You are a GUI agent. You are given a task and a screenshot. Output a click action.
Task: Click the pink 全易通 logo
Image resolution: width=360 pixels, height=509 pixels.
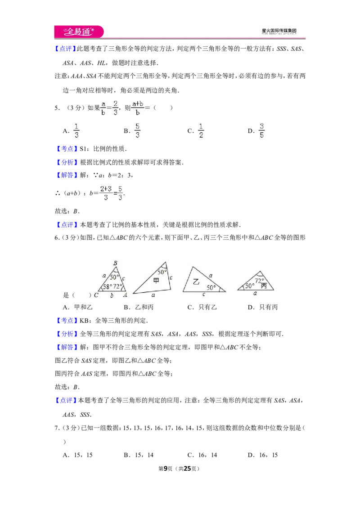coord(79,31)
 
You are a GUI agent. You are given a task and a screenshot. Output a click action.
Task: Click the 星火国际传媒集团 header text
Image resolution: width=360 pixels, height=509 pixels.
coord(279,31)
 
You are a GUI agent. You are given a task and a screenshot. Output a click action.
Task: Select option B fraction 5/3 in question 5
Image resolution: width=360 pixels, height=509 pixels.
coord(137,130)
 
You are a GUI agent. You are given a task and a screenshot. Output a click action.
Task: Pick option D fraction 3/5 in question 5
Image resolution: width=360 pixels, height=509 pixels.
coord(261,130)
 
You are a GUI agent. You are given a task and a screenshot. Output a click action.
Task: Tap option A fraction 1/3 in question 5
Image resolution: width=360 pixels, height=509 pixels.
coord(76,130)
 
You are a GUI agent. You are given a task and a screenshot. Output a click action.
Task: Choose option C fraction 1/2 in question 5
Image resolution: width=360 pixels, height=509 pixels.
coord(201,130)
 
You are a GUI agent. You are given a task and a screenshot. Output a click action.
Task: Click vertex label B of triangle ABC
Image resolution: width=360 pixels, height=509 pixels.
coord(115,263)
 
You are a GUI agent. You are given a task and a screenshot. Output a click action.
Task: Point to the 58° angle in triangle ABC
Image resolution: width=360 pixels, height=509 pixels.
coord(108,286)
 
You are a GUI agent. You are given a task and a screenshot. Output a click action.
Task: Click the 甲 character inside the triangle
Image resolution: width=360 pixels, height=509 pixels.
coord(156,280)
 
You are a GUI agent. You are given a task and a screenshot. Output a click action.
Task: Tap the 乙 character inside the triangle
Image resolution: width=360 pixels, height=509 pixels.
coord(196,282)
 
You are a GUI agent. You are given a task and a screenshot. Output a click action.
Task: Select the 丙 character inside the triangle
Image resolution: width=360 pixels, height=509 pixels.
coord(264,286)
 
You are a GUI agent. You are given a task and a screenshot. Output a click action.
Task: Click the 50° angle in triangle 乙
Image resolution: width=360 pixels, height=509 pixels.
coord(211,287)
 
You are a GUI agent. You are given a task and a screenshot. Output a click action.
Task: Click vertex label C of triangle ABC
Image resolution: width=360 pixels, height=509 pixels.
coord(96,295)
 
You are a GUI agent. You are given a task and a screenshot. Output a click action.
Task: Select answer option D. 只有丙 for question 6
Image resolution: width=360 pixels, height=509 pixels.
coord(262,307)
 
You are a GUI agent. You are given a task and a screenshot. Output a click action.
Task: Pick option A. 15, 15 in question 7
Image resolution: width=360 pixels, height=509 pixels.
coord(78,455)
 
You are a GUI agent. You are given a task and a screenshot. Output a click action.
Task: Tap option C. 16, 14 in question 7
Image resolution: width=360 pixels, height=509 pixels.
coord(202,455)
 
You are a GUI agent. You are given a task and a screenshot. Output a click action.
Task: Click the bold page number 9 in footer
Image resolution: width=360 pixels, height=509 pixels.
coord(166,469)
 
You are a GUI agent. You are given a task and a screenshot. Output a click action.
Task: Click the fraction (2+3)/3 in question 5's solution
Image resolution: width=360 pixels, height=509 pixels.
coord(106,193)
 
